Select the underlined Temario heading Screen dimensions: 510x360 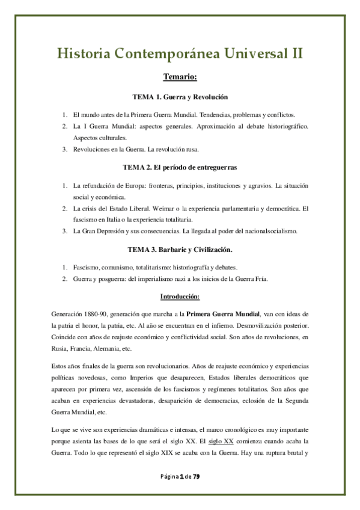[180, 78]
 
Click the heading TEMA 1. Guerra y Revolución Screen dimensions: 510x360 [180, 97]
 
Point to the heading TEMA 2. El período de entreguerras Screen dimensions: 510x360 [180, 166]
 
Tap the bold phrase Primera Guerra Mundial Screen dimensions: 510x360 [223, 313]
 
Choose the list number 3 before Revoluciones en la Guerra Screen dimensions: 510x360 [65, 149]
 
